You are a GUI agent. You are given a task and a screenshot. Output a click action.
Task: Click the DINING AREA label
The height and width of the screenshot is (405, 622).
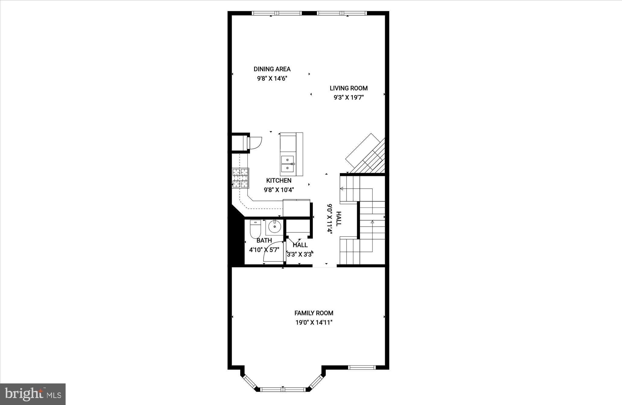(x=272, y=69)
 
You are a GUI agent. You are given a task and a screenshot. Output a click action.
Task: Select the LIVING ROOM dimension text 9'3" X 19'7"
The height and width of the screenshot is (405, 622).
(x=348, y=98)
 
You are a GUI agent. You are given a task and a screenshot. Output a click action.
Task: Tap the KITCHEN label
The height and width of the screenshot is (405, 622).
(x=279, y=180)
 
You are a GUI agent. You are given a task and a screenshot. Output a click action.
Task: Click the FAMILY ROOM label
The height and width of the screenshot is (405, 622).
(x=314, y=313)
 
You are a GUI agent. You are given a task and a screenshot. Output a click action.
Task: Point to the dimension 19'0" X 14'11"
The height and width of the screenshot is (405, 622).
(x=314, y=323)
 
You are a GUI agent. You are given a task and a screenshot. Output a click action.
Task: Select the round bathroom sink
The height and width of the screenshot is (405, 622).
(x=275, y=227)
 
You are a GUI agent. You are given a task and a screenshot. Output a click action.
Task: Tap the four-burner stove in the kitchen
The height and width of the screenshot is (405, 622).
(x=241, y=178)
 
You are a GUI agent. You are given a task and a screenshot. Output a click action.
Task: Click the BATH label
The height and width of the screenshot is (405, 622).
(x=264, y=241)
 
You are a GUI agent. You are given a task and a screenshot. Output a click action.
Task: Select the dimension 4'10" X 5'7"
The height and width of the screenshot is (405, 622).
(x=264, y=250)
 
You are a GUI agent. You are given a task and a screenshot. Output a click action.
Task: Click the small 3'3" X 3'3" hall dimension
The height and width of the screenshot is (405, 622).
(x=300, y=254)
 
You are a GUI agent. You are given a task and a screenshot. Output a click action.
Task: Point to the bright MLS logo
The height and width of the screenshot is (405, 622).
(x=33, y=394)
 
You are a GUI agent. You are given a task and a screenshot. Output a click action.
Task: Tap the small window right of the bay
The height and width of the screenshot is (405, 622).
(x=362, y=368)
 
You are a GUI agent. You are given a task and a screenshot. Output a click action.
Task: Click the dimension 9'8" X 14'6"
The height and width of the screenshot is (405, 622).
(x=272, y=79)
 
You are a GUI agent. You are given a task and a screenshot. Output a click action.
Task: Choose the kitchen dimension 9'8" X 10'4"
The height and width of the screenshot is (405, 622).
(x=279, y=190)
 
